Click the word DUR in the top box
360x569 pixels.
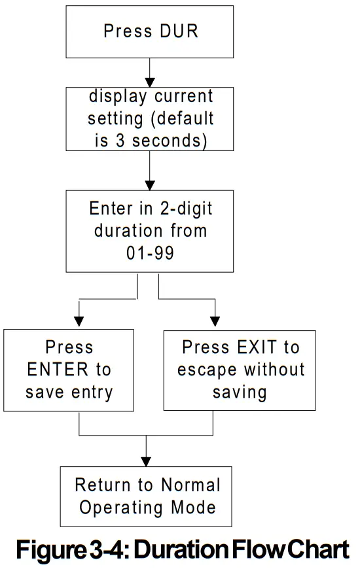[x=175, y=31]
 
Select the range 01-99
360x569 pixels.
[x=150, y=252]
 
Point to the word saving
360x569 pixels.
[x=240, y=392]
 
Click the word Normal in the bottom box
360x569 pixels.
[x=189, y=485]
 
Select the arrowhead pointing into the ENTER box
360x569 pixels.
[x=79, y=321]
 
